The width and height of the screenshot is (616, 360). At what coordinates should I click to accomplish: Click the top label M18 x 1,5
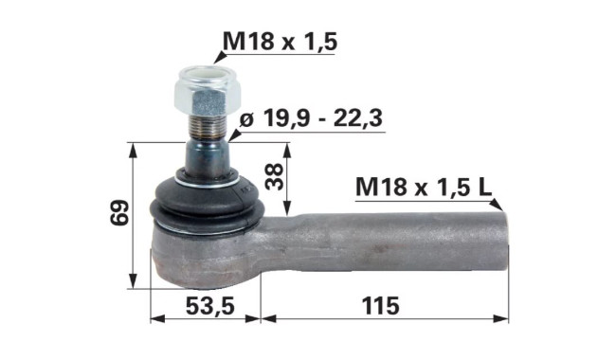280,42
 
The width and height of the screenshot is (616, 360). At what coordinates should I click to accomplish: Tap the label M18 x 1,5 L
424,187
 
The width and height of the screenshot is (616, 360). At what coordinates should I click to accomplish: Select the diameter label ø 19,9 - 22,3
311,118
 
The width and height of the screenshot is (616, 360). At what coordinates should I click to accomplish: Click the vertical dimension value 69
119,212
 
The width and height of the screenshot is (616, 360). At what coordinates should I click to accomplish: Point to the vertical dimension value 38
274,176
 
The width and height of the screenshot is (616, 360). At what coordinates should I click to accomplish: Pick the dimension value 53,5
210,306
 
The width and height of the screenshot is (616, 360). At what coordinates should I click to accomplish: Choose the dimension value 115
380,306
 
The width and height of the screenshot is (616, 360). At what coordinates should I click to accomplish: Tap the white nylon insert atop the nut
207,74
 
